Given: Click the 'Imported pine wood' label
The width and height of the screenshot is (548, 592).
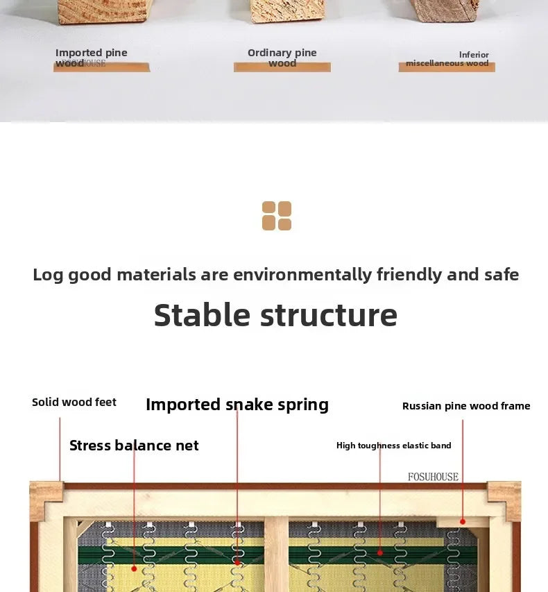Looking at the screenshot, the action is point(92,58).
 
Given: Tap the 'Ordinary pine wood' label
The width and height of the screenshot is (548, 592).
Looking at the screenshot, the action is point(282,58).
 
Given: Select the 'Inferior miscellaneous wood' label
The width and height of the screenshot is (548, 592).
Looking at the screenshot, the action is point(447,59).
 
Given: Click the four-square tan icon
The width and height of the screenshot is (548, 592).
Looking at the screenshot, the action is point(277,216).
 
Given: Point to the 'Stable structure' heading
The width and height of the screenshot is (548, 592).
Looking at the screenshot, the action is point(275,315).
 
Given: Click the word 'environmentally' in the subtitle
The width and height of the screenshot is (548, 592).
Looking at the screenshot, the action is point(302,274).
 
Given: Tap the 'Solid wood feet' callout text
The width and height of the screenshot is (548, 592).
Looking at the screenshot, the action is point(74,402).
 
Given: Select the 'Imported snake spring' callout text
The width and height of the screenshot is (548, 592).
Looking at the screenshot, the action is point(237,405).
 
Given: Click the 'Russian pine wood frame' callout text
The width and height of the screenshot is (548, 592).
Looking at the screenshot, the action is point(466,406).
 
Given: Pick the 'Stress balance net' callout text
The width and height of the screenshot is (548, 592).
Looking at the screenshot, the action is point(134,446).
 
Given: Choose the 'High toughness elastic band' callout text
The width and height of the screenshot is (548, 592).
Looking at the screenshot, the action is point(393,446).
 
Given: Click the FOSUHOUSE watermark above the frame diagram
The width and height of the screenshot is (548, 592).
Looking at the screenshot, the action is point(433,477).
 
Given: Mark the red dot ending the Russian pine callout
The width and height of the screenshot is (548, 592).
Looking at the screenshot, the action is point(463,522).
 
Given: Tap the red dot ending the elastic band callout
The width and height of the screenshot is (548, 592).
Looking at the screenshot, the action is point(380,552).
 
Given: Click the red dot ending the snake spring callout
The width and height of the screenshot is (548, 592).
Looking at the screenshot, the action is point(237,563).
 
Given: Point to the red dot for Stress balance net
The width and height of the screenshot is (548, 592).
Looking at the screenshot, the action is point(134,568).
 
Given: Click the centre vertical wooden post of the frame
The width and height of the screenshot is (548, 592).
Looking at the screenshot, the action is point(276,555).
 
